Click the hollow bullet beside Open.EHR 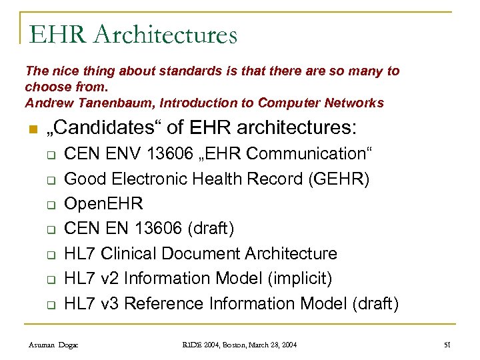(50, 205)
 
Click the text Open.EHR (103, 203)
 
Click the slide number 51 (447, 345)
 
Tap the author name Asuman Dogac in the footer (53, 345)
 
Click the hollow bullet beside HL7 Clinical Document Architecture (50, 255)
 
